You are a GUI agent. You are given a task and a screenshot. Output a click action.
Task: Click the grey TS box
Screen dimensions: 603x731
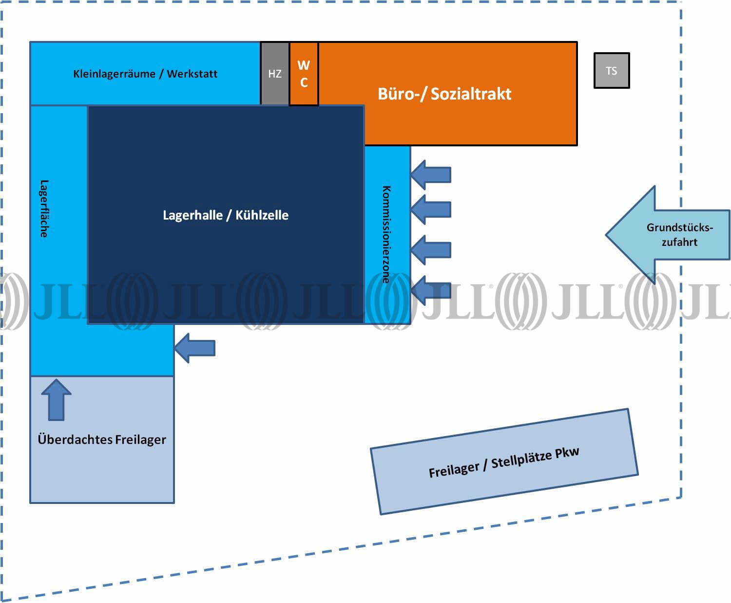coord(612,71)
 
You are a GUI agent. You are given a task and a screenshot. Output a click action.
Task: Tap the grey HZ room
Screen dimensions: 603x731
coord(275,74)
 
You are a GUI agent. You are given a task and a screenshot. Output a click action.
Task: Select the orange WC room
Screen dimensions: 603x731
coord(304,74)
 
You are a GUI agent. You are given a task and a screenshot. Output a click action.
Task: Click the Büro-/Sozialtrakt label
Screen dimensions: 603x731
coord(444,94)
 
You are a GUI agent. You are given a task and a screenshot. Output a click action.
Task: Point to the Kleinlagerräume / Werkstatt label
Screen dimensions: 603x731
coord(145,74)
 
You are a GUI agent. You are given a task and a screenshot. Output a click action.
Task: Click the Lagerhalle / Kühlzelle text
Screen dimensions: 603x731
coord(226,215)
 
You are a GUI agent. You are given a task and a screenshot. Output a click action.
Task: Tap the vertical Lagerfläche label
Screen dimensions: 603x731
coord(44,209)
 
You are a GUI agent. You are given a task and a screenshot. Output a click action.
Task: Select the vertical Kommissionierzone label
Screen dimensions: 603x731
coord(386,234)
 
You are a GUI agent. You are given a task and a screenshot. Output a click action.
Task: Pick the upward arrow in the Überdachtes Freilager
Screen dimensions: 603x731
coord(57,400)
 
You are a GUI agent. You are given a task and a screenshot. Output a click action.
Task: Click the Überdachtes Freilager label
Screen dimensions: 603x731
coord(102,440)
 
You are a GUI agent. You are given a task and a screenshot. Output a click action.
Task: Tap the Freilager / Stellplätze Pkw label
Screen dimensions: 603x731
coord(504,462)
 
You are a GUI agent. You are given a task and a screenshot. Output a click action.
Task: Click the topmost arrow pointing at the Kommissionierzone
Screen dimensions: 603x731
coord(431,175)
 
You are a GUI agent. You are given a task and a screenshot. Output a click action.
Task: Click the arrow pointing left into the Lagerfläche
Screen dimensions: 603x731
coord(195,348)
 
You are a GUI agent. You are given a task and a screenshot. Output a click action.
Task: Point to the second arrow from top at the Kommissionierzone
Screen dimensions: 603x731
coord(431,210)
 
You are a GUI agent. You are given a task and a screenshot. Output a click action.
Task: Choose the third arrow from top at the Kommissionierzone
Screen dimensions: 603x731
coord(431,250)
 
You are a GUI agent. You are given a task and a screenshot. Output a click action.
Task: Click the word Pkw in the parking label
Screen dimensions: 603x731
coord(567,452)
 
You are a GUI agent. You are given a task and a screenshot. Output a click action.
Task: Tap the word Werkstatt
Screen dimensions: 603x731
coord(192,74)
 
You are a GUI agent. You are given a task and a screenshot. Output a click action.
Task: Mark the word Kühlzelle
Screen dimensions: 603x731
coord(262,215)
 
